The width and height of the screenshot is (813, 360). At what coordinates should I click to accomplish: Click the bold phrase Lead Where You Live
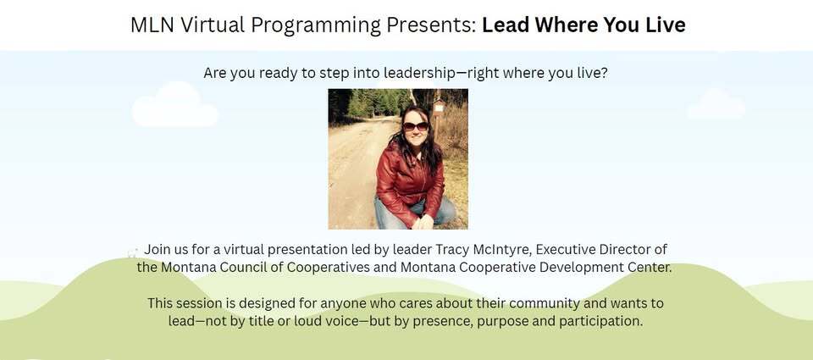click(x=583, y=25)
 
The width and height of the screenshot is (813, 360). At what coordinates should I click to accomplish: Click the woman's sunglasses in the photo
click(x=415, y=126)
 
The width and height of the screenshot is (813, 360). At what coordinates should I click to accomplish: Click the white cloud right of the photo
click(x=716, y=105)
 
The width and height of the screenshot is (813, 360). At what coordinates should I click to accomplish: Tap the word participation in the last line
click(x=599, y=321)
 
